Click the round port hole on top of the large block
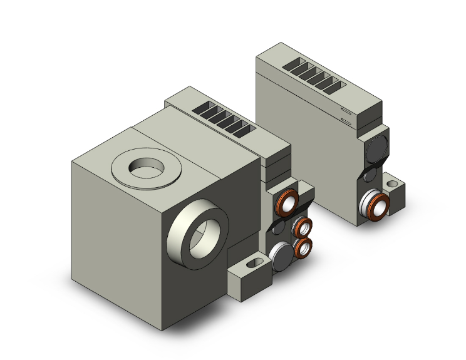145,167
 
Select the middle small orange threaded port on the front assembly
305,227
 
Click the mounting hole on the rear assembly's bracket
393,185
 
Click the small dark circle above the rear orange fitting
370,173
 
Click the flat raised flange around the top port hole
122,171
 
